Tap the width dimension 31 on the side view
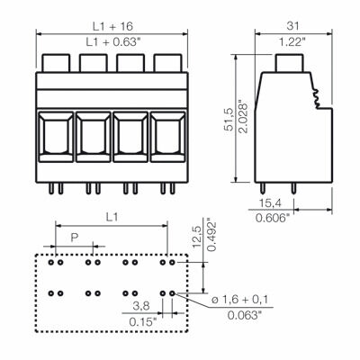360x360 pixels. [x=290, y=24]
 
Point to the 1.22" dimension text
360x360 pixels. [x=290, y=40]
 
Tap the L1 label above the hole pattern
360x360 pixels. [x=112, y=217]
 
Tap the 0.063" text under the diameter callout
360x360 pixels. [x=245, y=314]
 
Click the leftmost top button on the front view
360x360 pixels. [x=56, y=64]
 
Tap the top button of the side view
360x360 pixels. [x=288, y=64]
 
